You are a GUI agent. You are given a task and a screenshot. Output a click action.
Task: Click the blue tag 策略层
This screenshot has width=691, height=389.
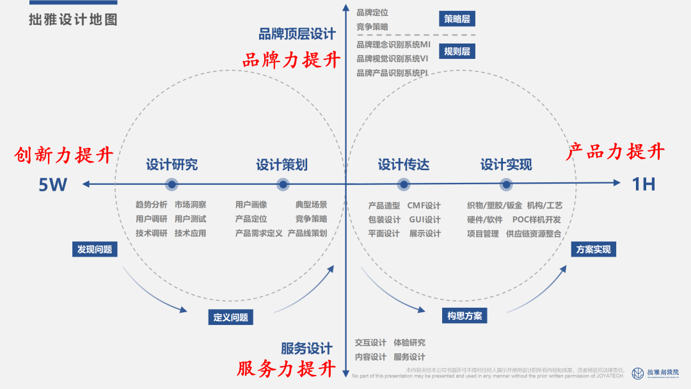point(457,19)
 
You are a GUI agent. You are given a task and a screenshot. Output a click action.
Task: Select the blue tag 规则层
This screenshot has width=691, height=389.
point(457,51)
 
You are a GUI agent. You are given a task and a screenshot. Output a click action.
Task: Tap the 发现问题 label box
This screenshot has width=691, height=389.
point(95,250)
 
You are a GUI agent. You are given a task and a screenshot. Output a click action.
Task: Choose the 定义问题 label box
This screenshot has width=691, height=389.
point(230,317)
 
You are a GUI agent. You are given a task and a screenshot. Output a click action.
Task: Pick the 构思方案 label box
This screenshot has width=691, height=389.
point(465,315)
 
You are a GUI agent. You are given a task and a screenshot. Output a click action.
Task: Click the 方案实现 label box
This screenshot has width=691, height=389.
point(593,250)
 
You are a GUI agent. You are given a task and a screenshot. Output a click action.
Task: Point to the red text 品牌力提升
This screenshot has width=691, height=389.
point(291,60)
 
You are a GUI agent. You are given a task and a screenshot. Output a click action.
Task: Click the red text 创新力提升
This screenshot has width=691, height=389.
point(65,155)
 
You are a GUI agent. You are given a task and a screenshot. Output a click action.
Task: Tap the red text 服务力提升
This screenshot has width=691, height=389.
point(287,369)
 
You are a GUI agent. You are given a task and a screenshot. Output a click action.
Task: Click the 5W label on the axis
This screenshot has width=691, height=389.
point(52,185)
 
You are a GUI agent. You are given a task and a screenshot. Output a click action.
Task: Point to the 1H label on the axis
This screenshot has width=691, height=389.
point(644,184)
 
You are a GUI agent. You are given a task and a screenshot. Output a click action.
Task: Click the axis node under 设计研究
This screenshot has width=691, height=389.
point(171,185)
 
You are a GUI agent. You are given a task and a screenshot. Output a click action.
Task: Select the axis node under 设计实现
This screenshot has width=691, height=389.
point(506,185)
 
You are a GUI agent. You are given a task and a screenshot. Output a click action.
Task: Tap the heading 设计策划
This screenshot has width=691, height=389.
point(282,165)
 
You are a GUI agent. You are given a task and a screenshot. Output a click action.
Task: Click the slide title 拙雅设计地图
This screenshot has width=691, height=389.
point(73,20)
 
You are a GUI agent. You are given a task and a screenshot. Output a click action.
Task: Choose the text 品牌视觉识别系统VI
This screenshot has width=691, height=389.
point(392,59)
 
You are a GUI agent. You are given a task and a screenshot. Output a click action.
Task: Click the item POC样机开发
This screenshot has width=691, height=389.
point(536,219)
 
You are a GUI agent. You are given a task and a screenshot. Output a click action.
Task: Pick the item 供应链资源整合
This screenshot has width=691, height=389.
point(533,234)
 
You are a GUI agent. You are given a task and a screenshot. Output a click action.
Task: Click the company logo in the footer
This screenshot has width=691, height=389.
point(638,373)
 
